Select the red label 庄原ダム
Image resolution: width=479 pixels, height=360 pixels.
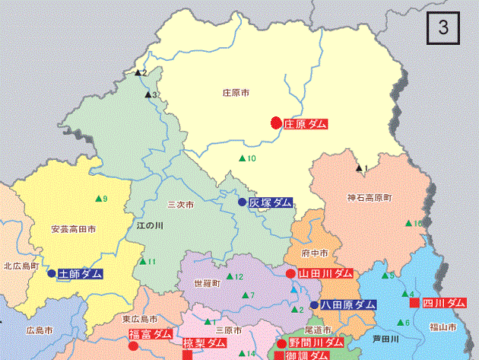click(x=306, y=123)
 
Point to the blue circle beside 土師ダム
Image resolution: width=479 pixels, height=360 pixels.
click(x=52, y=273)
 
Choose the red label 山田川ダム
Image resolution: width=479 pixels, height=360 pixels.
click(x=325, y=273)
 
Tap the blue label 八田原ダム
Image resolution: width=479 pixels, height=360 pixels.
click(x=348, y=304)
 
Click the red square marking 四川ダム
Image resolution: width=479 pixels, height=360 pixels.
click(x=414, y=303)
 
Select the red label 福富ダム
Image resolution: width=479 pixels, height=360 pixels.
click(x=150, y=334)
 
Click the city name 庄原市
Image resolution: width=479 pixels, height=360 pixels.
click(x=236, y=92)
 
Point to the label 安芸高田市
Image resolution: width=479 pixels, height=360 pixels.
click(x=73, y=229)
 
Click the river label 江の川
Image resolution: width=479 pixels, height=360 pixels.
click(x=150, y=226)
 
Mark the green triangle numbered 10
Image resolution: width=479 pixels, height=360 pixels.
click(x=243, y=158)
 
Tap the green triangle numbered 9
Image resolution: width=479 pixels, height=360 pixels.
click(x=98, y=199)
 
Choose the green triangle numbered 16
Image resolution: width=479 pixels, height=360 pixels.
click(x=408, y=223)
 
